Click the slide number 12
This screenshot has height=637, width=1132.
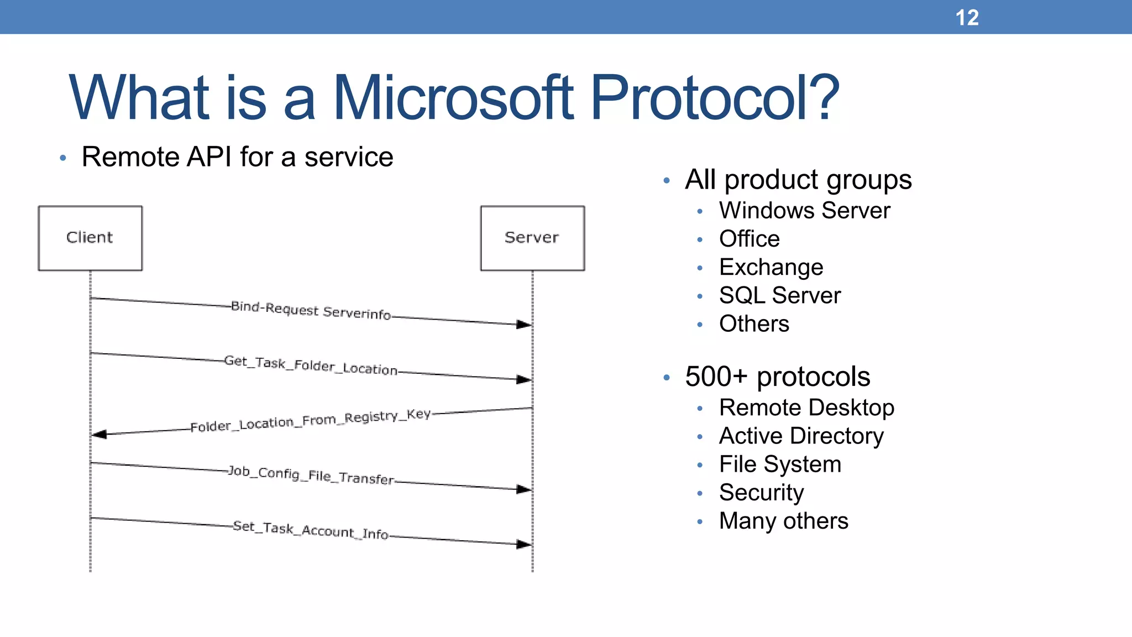click(967, 18)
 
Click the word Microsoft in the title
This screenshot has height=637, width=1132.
click(453, 98)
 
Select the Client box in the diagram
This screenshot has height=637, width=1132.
click(90, 238)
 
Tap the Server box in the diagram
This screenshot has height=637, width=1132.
click(532, 238)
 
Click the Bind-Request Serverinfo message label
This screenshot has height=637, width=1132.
click(311, 310)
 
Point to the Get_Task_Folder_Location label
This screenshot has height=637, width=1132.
click(311, 365)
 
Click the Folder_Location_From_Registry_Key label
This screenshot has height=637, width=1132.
click(310, 421)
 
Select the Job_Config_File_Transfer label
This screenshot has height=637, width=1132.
click(311, 475)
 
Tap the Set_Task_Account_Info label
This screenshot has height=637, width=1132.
click(311, 530)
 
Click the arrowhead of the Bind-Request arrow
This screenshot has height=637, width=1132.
click(524, 325)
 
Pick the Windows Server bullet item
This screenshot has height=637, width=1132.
click(804, 211)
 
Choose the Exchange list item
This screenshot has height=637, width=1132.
click(771, 268)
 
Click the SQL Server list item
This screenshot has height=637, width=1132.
click(779, 296)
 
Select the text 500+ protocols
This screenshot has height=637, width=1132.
click(777, 377)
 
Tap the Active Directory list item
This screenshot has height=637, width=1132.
click(801, 436)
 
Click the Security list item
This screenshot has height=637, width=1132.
click(761, 493)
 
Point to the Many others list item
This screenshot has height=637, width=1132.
click(783, 521)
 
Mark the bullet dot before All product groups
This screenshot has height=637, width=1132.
click(667, 181)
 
